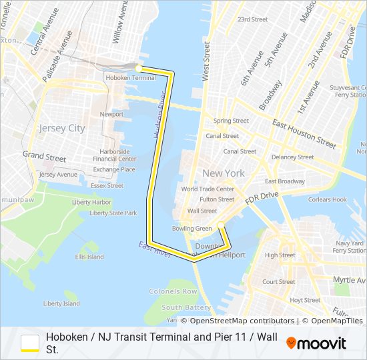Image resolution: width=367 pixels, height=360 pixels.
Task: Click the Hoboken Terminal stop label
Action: point(130,78)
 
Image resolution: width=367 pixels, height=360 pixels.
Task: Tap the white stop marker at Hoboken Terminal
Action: point(138,68)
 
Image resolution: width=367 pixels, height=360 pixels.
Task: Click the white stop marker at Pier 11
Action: point(221,225)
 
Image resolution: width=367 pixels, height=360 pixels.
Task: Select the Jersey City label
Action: point(62,128)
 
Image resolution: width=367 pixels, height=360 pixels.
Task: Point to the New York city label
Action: point(223,173)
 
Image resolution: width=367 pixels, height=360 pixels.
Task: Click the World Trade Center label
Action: point(208,189)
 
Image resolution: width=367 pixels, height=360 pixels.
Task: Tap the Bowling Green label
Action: point(192,229)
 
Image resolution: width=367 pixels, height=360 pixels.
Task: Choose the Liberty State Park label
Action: point(113,213)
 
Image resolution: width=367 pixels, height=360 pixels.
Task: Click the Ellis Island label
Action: point(89,257)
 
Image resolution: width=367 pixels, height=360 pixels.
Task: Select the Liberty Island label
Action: point(61,303)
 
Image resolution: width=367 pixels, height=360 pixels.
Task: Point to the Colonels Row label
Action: point(173,292)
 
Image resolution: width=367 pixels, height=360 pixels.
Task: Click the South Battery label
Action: point(186,307)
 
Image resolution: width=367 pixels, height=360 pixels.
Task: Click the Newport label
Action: point(111,115)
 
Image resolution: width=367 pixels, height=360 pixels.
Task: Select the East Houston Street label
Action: point(304,133)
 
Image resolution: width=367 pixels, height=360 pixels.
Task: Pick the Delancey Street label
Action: point(292,157)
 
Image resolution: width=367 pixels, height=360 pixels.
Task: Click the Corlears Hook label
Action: point(328,199)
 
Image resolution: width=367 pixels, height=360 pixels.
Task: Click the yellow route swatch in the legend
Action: point(30,343)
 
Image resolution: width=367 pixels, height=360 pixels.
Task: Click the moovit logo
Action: point(316,343)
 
